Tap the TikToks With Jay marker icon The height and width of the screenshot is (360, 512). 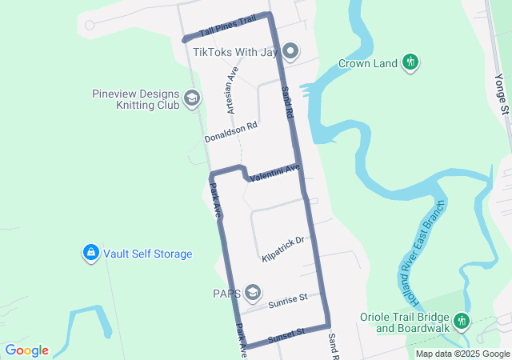point(290,52)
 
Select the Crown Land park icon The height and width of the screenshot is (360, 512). point(410,62)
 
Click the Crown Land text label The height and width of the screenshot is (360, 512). point(368,63)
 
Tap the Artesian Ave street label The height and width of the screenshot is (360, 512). point(233,89)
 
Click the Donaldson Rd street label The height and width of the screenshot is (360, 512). point(230,132)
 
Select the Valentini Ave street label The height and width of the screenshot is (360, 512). point(274,171)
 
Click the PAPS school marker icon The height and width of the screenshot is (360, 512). point(254,292)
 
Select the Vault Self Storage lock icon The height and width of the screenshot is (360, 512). point(91,254)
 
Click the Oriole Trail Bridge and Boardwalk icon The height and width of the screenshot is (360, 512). point(461,322)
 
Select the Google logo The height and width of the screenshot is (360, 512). point(26,350)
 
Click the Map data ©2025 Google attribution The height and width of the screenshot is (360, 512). point(462,354)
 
